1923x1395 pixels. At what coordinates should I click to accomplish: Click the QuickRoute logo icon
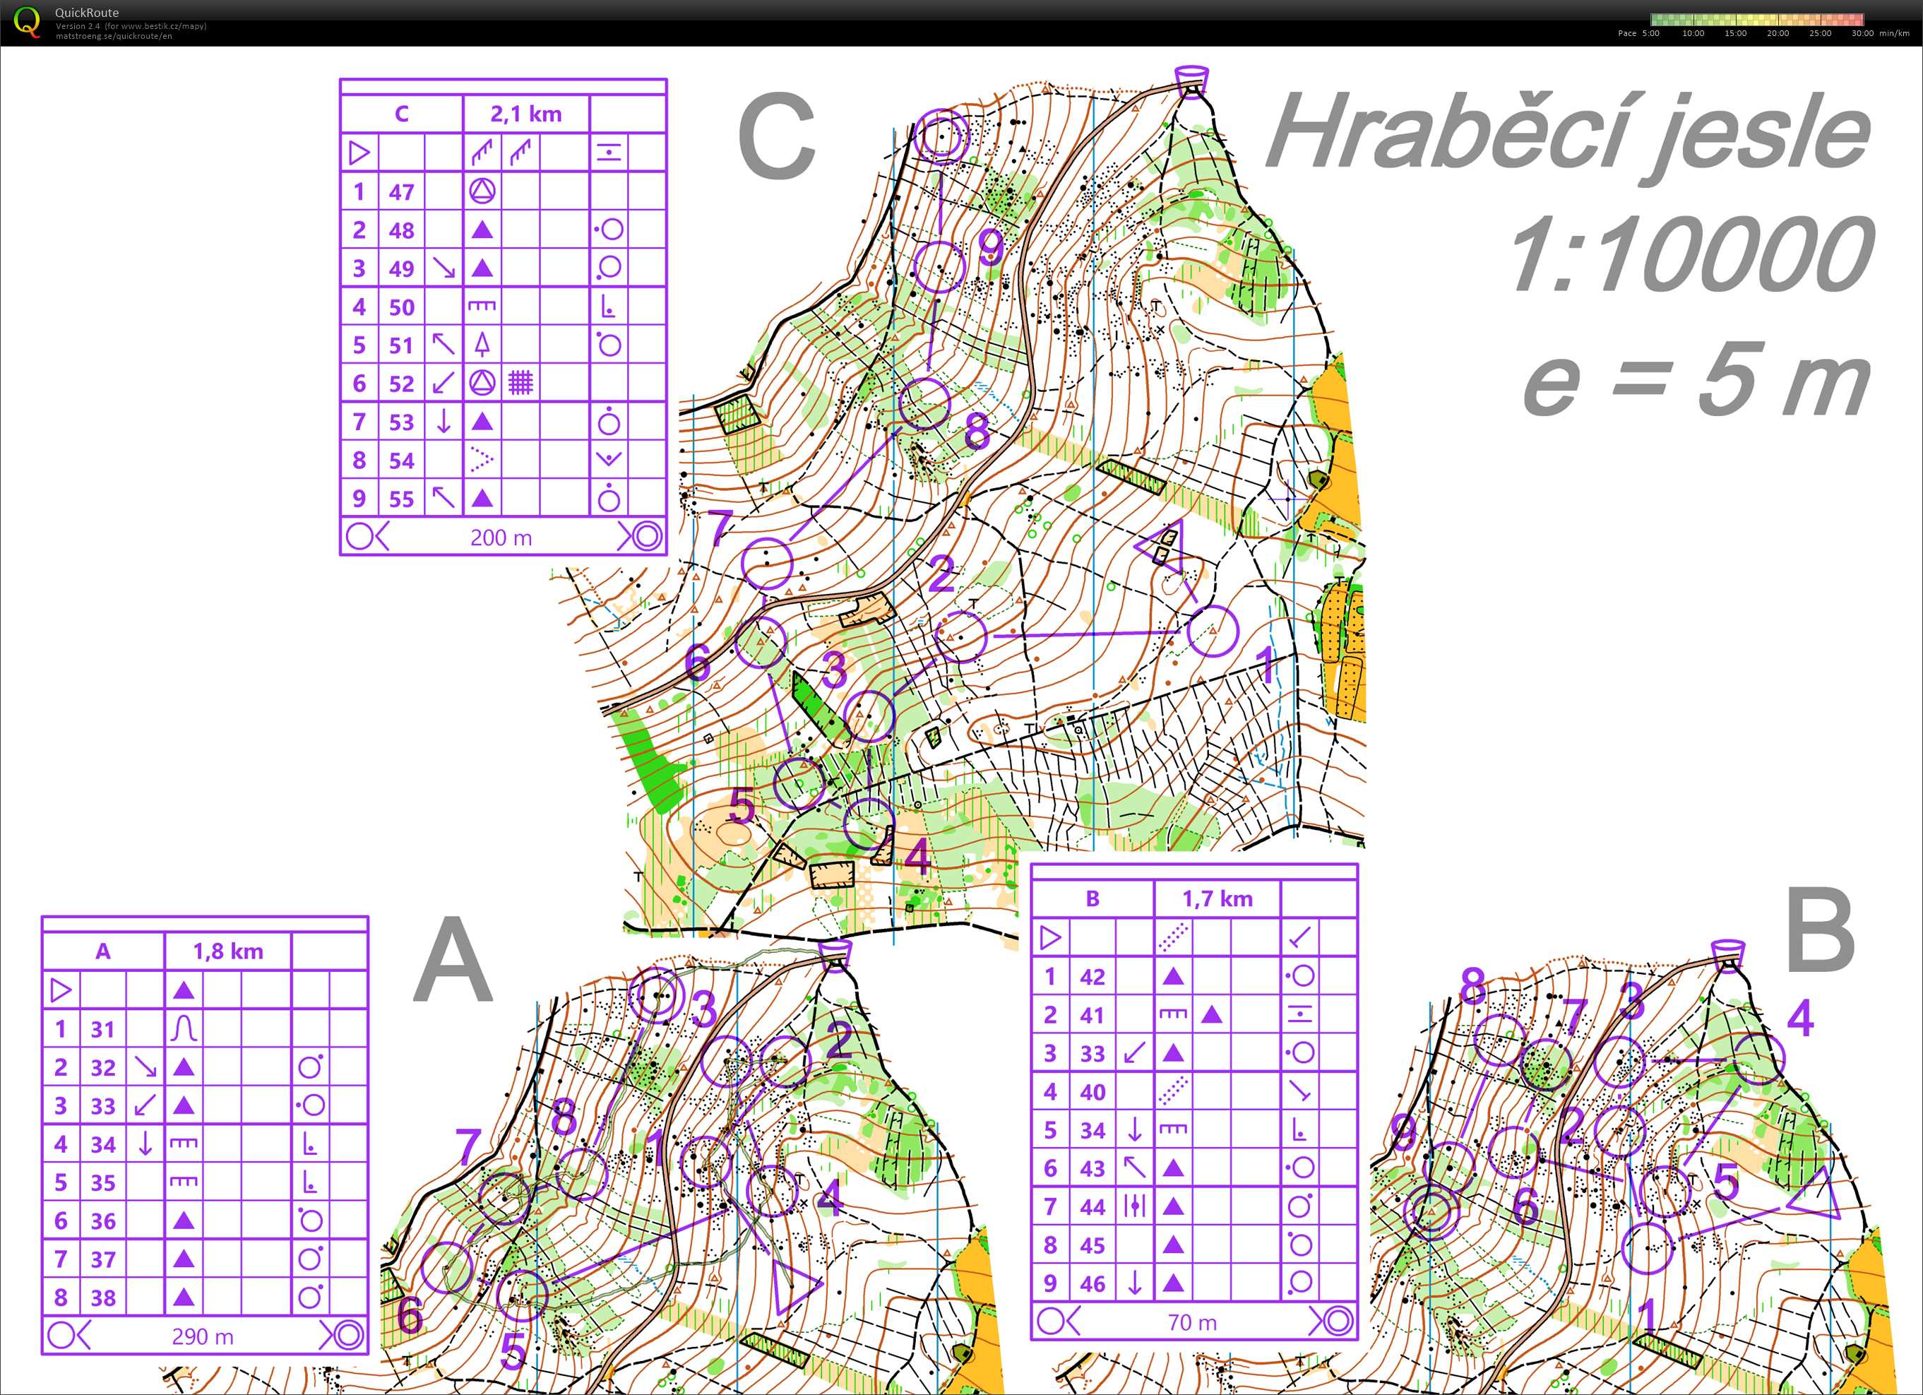click(26, 21)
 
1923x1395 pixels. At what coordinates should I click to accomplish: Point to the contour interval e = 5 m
click(1696, 380)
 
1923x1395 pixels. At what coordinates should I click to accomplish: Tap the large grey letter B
click(1820, 931)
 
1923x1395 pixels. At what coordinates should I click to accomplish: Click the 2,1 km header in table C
click(525, 114)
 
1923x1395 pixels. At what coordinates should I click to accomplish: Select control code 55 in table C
click(401, 499)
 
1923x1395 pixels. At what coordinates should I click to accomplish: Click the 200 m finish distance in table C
click(501, 538)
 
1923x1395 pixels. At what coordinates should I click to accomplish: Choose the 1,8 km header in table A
click(228, 951)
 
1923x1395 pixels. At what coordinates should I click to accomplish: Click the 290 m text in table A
click(203, 1336)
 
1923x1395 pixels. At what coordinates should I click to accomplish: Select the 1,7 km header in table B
click(1217, 899)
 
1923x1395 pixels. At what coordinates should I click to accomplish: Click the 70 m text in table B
click(1192, 1322)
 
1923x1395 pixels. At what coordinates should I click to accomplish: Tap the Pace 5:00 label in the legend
click(1639, 34)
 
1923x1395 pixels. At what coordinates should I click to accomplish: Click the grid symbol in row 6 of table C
click(520, 384)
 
